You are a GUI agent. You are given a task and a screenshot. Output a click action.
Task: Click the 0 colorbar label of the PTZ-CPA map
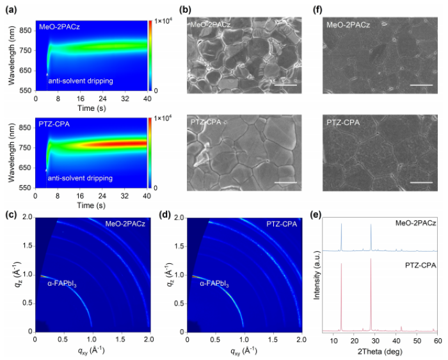pos(156,187)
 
